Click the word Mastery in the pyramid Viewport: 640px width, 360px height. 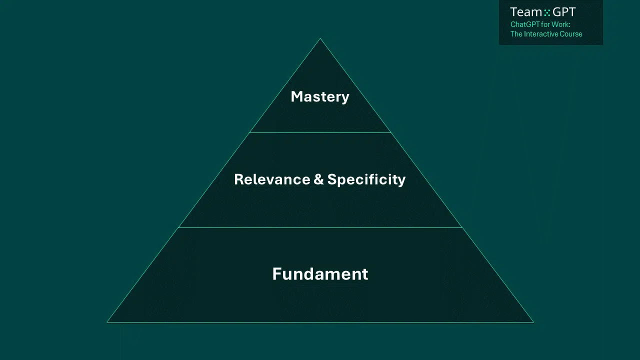(x=320, y=96)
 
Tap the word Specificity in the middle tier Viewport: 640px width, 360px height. (x=366, y=179)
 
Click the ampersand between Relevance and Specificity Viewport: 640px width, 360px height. (x=318, y=179)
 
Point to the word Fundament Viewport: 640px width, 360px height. (x=320, y=274)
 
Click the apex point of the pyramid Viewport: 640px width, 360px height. (x=320, y=38)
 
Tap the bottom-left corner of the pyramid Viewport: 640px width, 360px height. (x=107, y=322)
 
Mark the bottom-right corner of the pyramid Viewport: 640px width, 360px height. (x=533, y=322)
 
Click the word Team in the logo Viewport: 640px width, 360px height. (x=526, y=12)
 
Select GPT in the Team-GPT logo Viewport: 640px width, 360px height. (x=564, y=12)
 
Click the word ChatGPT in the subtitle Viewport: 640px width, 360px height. (x=524, y=24)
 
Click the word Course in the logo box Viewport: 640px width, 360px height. (x=571, y=34)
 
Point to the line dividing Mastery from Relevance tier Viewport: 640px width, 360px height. (x=320, y=132)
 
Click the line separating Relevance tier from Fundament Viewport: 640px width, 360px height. (x=320, y=227)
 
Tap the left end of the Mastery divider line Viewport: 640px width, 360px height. (x=249, y=132)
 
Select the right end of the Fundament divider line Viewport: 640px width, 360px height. (x=462, y=227)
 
